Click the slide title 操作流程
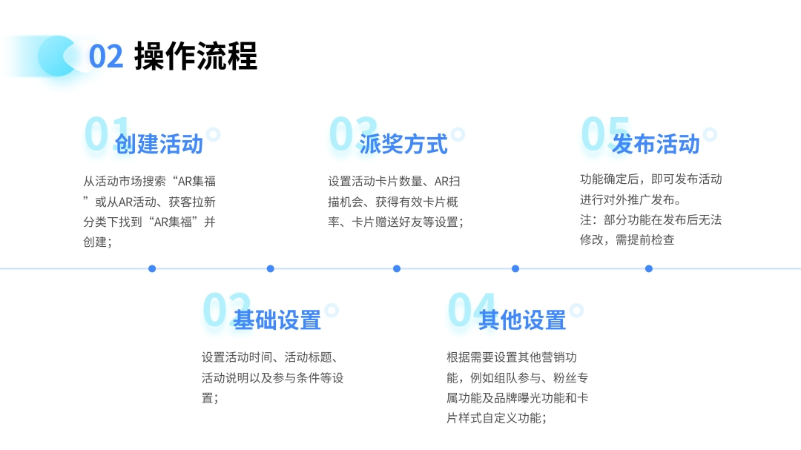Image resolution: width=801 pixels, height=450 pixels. pos(196,56)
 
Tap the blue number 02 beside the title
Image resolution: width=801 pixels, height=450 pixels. pos(106,56)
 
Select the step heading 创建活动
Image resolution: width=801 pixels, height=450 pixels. pos(159,144)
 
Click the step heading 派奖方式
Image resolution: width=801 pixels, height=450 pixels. pos(403,144)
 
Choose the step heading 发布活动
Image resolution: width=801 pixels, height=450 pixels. pos(656,144)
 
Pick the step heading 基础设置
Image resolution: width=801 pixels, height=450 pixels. pos(277,320)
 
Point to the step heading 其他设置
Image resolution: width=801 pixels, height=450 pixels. pos(522,320)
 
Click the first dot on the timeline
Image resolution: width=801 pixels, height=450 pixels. pos(152,268)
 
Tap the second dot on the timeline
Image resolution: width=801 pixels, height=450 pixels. pos(270,268)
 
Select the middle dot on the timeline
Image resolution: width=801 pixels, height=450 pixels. pos(396,268)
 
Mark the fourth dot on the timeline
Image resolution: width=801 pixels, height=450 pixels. pos(515,268)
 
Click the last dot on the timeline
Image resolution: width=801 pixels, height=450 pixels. pos(649,268)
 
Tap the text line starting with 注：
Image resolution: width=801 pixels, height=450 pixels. pos(651,220)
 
